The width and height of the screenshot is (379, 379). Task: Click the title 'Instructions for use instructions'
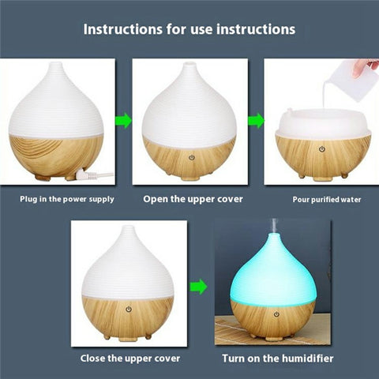coord(189,29)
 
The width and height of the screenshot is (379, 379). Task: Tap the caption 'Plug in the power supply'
coord(67,199)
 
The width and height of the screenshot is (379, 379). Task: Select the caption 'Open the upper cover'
coord(193,199)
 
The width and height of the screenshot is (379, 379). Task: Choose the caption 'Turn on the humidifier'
coord(276,358)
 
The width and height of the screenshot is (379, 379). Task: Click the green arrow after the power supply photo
coord(122,121)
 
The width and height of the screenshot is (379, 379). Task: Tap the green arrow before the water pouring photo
coord(256,121)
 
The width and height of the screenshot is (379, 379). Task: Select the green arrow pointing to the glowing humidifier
coord(200,286)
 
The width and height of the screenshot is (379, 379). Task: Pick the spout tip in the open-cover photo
coord(189,64)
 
